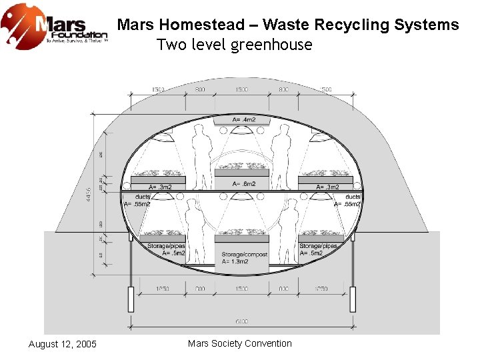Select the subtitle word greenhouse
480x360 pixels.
271,45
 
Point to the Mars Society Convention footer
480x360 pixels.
240,343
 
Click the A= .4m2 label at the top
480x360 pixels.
242,120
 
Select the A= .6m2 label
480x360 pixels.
242,183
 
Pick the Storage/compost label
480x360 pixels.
245,255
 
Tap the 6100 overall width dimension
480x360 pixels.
242,321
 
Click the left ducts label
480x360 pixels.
142,197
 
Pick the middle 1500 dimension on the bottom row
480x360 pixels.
242,289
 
